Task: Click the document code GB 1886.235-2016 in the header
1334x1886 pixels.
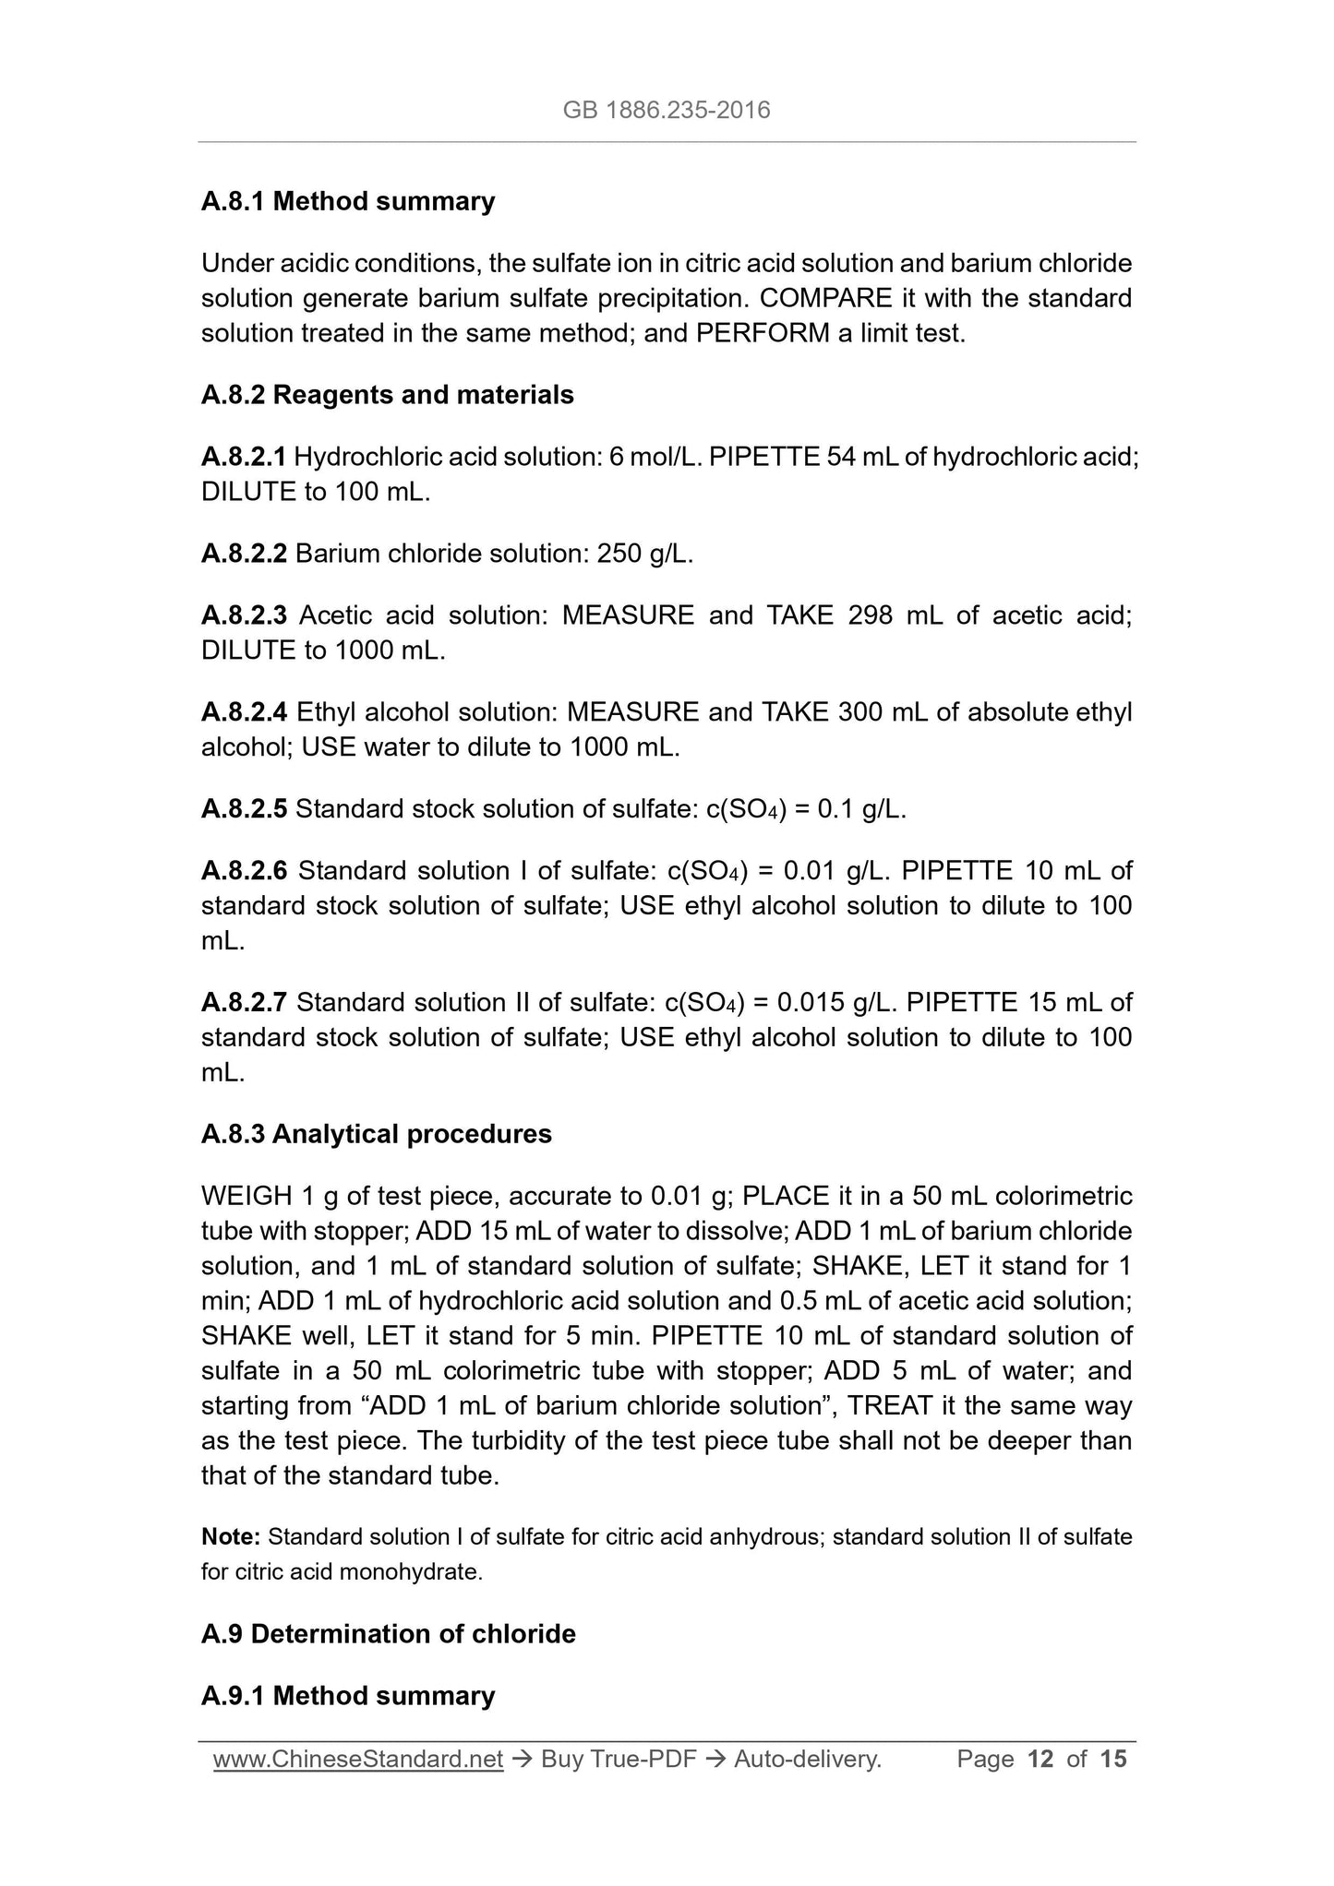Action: [x=666, y=111]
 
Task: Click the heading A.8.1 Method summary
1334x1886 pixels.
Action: [x=348, y=201]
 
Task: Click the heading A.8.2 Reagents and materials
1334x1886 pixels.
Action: [x=387, y=395]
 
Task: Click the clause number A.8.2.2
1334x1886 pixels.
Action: [x=244, y=554]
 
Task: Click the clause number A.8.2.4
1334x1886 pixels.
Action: [x=244, y=712]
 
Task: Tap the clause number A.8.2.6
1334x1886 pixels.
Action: [x=244, y=871]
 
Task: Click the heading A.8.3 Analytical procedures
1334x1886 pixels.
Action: [x=376, y=1134]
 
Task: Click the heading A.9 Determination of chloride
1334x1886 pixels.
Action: [x=388, y=1634]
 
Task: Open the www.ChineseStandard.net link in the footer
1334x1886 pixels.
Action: [x=357, y=1760]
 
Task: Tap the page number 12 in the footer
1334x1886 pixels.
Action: [x=1040, y=1760]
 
